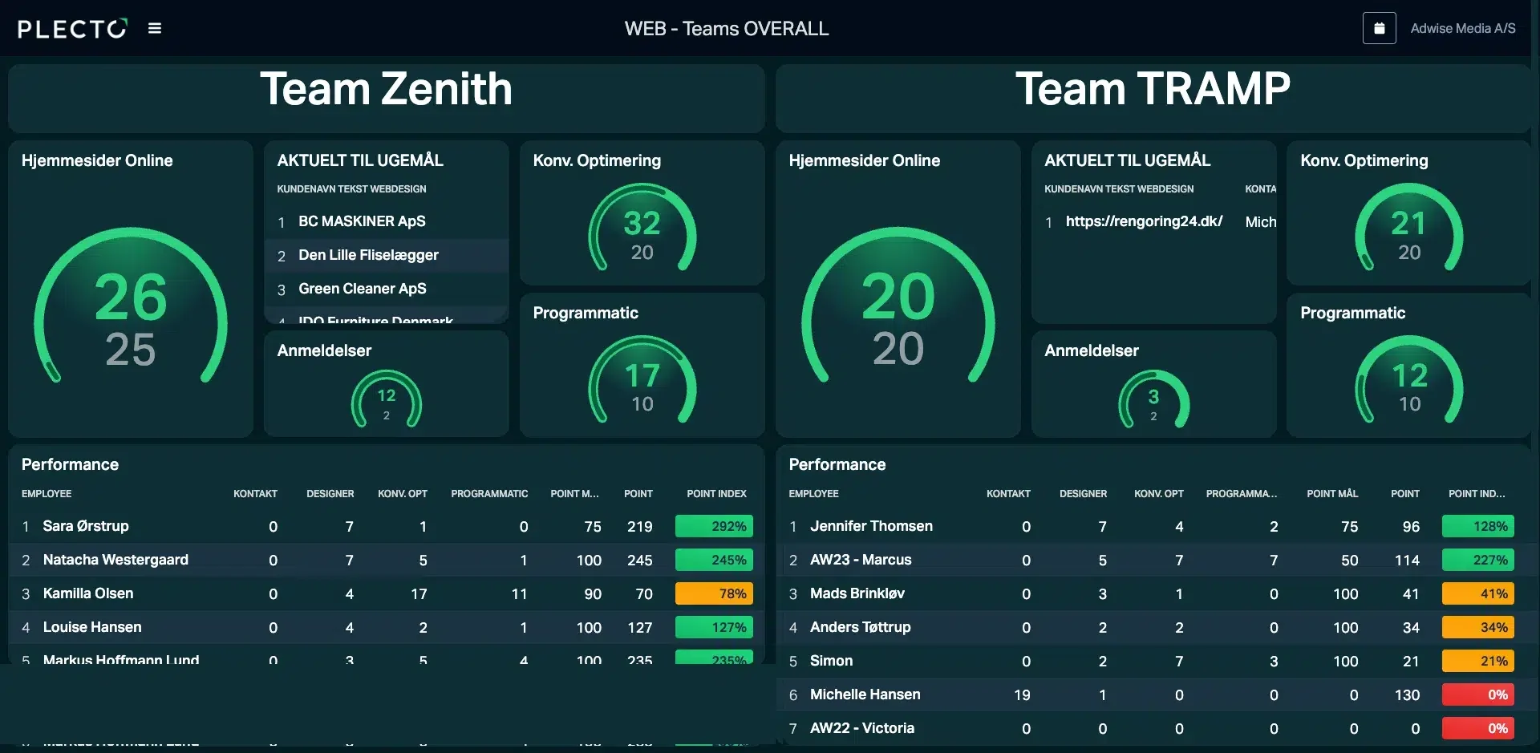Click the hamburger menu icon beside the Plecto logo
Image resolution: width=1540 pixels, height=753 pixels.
155,29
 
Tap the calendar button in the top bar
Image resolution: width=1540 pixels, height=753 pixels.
1379,29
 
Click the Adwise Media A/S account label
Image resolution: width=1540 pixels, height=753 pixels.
1462,29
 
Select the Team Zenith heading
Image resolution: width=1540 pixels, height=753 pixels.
386,89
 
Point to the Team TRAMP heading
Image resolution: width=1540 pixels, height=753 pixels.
1153,89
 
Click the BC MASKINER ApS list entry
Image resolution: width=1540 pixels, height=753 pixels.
362,221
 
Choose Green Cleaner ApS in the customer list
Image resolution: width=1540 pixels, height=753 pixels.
362,289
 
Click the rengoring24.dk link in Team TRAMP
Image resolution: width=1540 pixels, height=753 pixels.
1144,221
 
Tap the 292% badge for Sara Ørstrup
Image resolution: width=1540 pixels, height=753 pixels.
714,526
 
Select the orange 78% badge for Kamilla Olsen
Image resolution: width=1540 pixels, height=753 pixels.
714,593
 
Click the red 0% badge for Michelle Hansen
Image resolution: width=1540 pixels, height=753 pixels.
1477,694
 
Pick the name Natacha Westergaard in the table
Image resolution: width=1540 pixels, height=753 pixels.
115,560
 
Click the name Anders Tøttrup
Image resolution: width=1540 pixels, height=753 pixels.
860,627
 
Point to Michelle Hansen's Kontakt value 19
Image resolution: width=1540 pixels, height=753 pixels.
1021,695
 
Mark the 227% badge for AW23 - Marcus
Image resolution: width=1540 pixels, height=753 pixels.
1477,560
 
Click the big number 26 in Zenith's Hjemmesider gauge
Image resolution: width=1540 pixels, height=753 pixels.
131,298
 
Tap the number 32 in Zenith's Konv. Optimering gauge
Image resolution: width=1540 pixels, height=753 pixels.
642,223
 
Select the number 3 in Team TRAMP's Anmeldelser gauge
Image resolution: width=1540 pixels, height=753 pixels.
1153,397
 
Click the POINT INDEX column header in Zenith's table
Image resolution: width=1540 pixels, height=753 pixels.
716,494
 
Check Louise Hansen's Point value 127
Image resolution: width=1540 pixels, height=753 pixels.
639,628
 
